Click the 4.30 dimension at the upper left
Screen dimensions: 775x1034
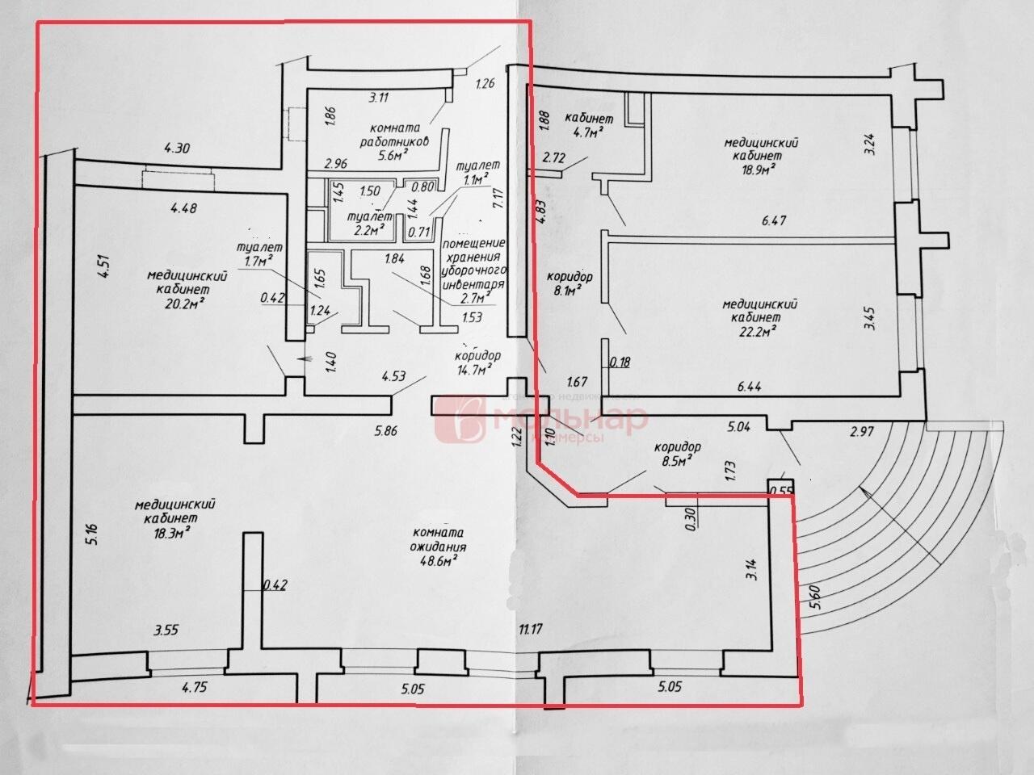[x=177, y=148]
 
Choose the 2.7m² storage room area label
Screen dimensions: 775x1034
[x=479, y=300]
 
